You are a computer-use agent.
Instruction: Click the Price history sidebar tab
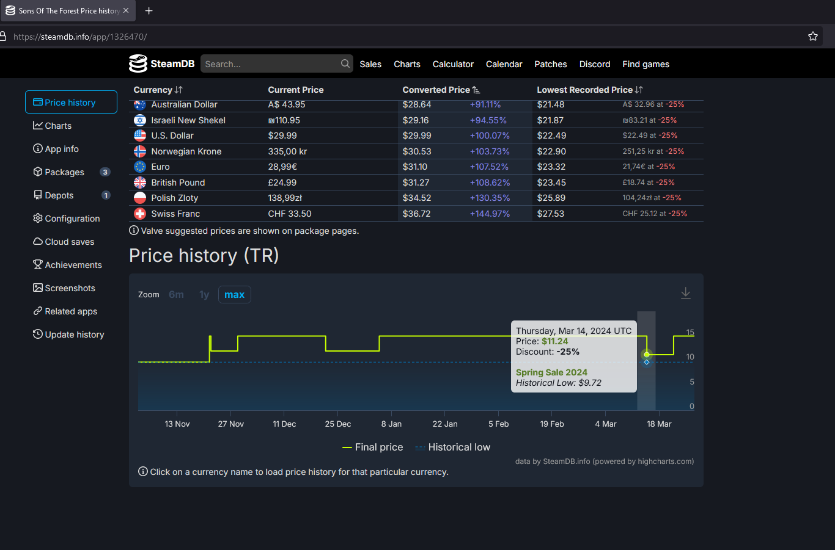point(70,103)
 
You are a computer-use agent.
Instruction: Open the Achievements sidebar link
point(73,265)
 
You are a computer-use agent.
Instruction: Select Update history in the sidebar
point(74,335)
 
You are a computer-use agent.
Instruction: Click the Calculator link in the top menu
point(453,64)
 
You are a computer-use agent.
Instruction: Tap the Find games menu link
point(646,64)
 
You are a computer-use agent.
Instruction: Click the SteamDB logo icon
point(138,63)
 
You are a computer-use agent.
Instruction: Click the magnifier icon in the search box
point(345,63)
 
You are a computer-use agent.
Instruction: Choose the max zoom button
point(234,295)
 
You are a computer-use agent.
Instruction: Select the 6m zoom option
point(176,295)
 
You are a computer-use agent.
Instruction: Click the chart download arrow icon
point(686,294)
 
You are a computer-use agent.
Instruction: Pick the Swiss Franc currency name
point(175,214)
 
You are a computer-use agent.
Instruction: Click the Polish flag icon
point(140,198)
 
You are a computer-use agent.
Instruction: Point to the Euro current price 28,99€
point(282,167)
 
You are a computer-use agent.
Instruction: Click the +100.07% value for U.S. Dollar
point(490,136)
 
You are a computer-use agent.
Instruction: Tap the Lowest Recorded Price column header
point(585,90)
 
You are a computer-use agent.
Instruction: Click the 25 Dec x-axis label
point(338,424)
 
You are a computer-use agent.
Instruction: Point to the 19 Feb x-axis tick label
point(552,424)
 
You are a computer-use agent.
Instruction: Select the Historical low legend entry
point(459,447)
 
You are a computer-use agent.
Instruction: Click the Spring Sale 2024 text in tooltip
point(551,372)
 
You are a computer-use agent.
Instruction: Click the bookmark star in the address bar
point(813,37)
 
